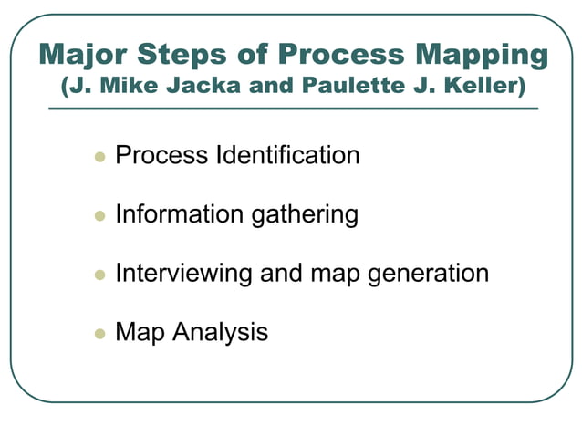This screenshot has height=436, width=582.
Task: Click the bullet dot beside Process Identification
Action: pyautogui.click(x=99, y=157)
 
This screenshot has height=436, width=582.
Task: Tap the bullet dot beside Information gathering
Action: pyautogui.click(x=99, y=216)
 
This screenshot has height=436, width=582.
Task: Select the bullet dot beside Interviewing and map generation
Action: pyautogui.click(x=99, y=275)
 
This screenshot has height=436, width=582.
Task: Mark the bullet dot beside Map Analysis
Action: pyautogui.click(x=99, y=334)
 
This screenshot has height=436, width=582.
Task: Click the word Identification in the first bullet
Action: pyautogui.click(x=287, y=156)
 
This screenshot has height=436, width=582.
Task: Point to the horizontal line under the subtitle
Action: pyautogui.click(x=292, y=109)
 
